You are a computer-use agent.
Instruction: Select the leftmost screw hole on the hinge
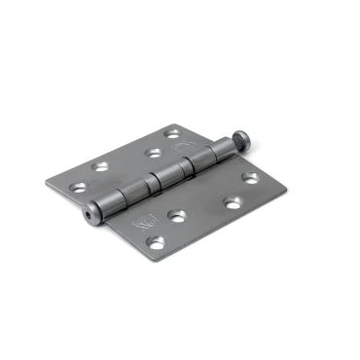point(101,166)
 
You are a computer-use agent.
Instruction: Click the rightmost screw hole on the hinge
point(250,178)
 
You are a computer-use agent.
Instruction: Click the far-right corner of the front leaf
point(287,189)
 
